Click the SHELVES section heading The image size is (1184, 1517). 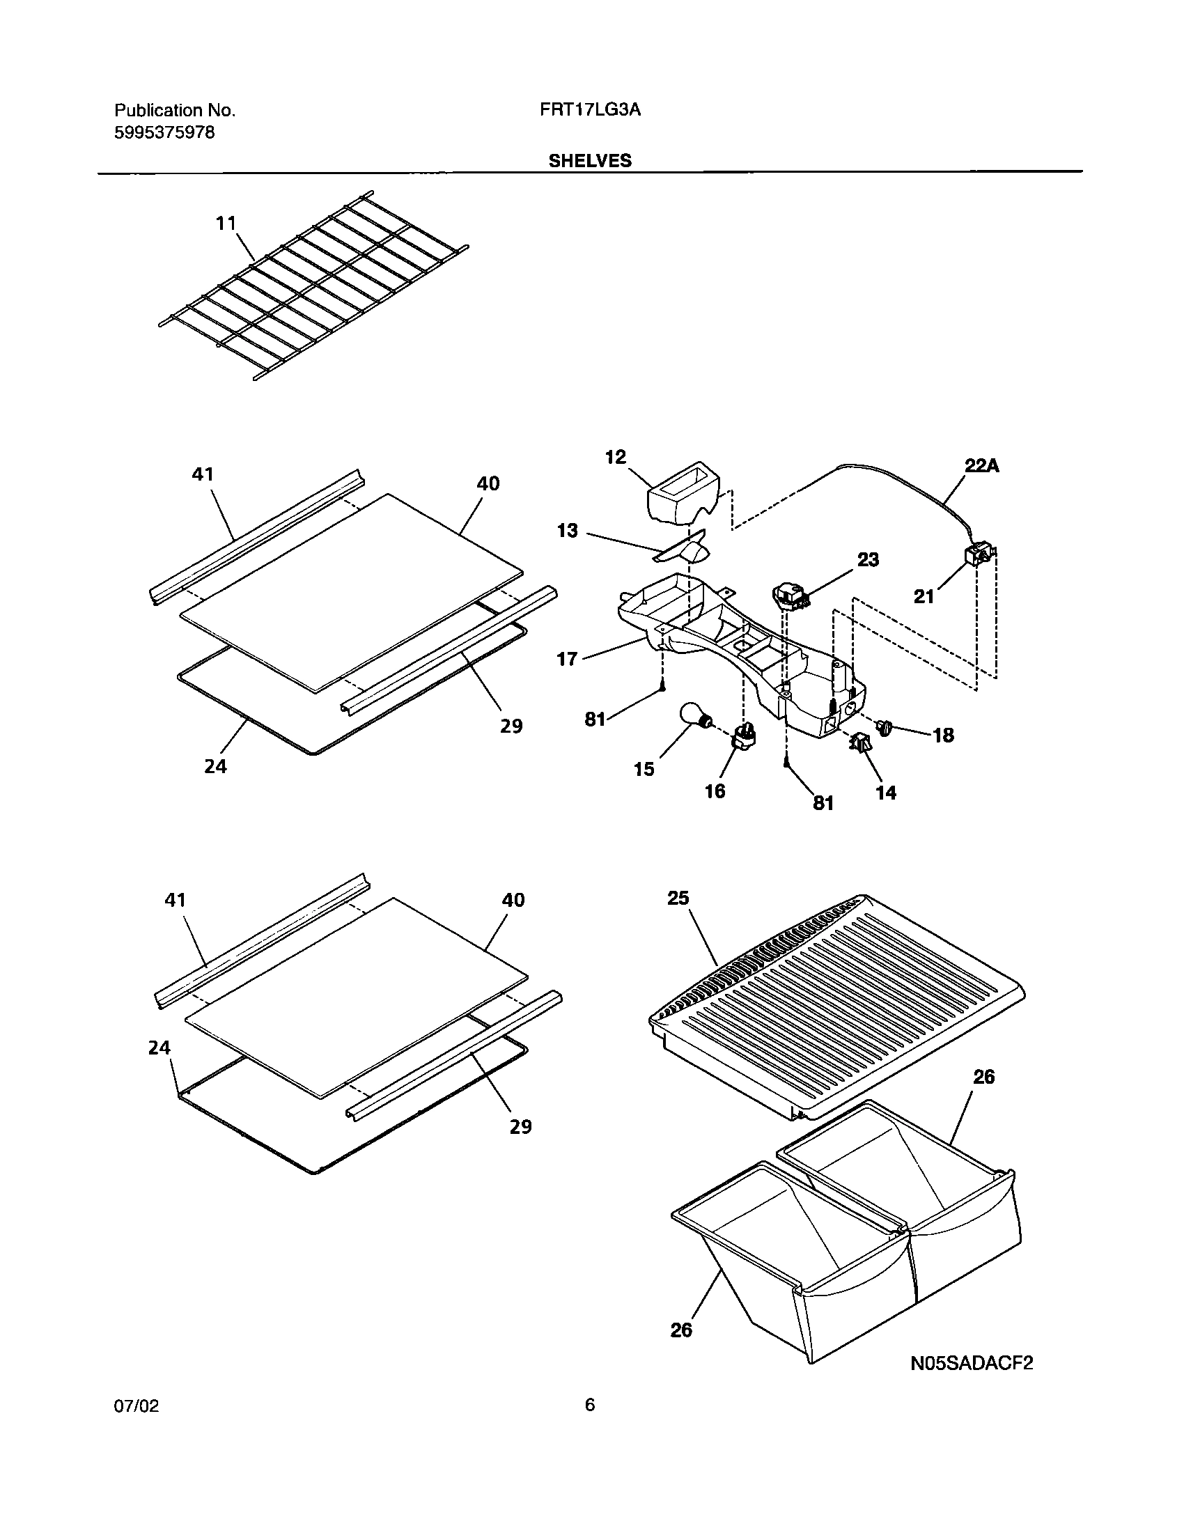(589, 160)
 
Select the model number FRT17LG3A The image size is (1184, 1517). (589, 110)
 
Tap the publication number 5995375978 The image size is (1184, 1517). (164, 132)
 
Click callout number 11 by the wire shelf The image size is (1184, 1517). (226, 224)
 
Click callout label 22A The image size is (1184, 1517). (981, 465)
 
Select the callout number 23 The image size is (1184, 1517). (868, 559)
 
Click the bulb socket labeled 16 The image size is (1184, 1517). (745, 736)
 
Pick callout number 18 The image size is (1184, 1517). (943, 735)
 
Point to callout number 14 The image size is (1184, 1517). (885, 792)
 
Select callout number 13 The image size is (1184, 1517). (568, 531)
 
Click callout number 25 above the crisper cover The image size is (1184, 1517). (678, 898)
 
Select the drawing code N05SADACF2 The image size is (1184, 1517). (972, 1362)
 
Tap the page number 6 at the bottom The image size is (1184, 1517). (589, 1424)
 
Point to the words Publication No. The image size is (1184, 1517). (175, 110)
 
